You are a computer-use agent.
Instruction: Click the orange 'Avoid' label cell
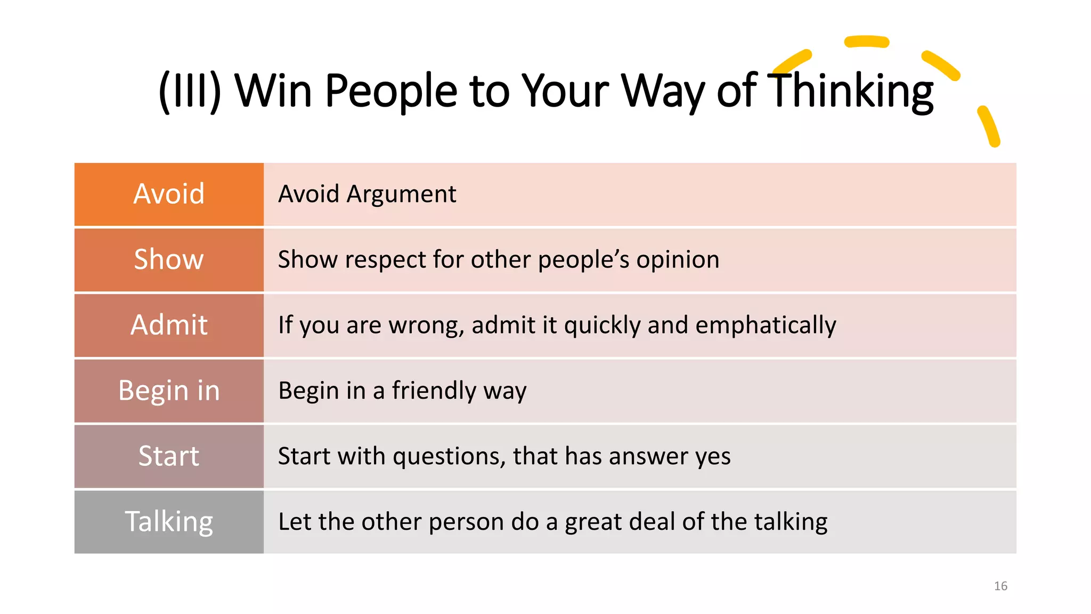pyautogui.click(x=169, y=194)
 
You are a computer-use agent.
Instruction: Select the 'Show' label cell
pyautogui.click(x=169, y=260)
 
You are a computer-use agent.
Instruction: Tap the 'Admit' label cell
pyautogui.click(x=169, y=325)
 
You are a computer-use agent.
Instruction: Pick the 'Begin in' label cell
pyautogui.click(x=169, y=391)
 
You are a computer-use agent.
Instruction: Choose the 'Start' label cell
pyautogui.click(x=169, y=456)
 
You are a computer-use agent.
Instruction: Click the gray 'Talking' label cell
pyautogui.click(x=169, y=522)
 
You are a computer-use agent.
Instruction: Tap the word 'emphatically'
pyautogui.click(x=766, y=326)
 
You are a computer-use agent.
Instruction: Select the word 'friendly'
pyautogui.click(x=434, y=391)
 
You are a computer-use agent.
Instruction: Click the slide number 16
pyautogui.click(x=1000, y=586)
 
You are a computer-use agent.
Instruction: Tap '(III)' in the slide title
pyautogui.click(x=190, y=91)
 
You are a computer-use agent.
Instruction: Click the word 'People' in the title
pyautogui.click(x=390, y=91)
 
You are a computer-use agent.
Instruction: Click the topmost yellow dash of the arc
pyautogui.click(x=867, y=42)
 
